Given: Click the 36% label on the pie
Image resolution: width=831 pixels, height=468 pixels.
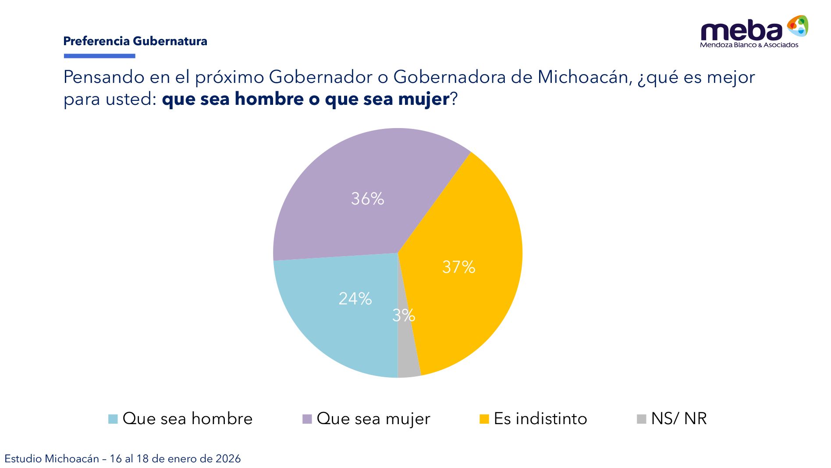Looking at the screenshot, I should tap(367, 199).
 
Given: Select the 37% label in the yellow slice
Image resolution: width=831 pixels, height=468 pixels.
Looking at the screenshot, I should tap(458, 267).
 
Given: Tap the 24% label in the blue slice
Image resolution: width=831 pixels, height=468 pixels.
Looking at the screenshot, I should tap(355, 299).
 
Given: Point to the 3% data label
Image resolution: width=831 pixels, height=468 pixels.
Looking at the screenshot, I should tap(403, 315).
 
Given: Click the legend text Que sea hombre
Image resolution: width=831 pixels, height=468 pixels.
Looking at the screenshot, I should tap(188, 419).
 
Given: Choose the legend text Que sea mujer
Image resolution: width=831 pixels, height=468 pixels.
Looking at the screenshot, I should tap(373, 419).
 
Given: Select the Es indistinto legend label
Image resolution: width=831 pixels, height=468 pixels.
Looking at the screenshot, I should tap(540, 419).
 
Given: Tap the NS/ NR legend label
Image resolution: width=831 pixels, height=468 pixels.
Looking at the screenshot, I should tap(679, 419).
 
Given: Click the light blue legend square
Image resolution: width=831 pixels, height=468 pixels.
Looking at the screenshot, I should tap(113, 419).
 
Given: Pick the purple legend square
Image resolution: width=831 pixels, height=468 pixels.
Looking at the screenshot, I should tap(307, 419).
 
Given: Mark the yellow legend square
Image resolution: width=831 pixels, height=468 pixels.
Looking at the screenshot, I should tap(484, 419).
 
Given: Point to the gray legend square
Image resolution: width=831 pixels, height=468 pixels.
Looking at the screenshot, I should tap(641, 419).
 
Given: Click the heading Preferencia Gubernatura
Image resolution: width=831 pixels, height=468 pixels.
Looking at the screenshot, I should tap(135, 41).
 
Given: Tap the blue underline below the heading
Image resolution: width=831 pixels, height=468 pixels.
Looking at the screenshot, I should tap(99, 56).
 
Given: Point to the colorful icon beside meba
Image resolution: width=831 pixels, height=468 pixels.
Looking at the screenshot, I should tap(798, 26).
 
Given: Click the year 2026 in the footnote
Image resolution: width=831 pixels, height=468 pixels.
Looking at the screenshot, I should tap(228, 459).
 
